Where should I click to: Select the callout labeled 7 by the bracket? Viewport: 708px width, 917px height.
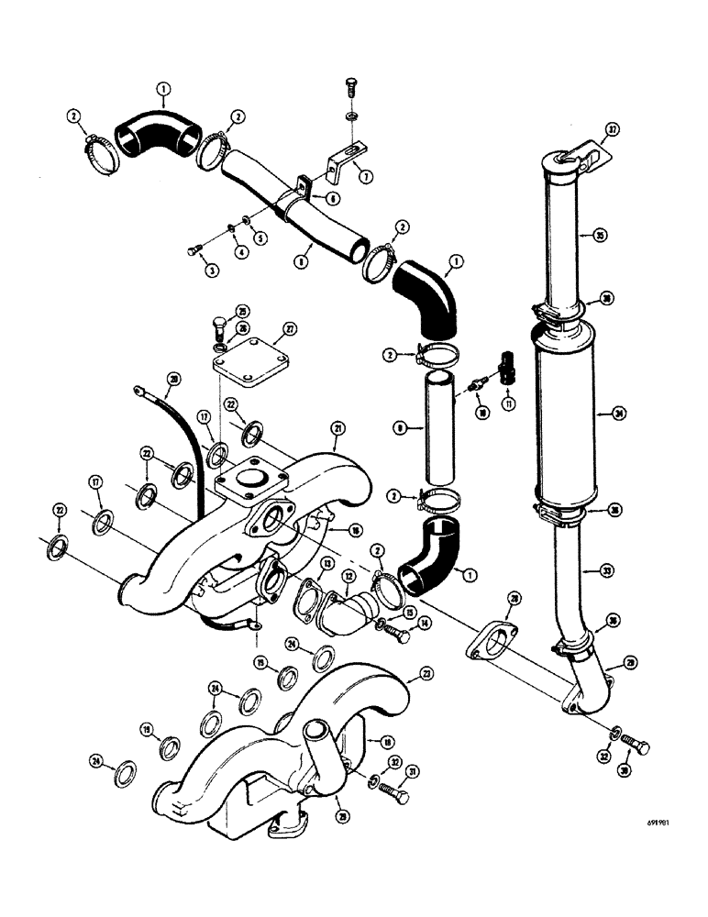click(368, 175)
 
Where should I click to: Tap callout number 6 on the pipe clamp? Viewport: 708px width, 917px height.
click(308, 197)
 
